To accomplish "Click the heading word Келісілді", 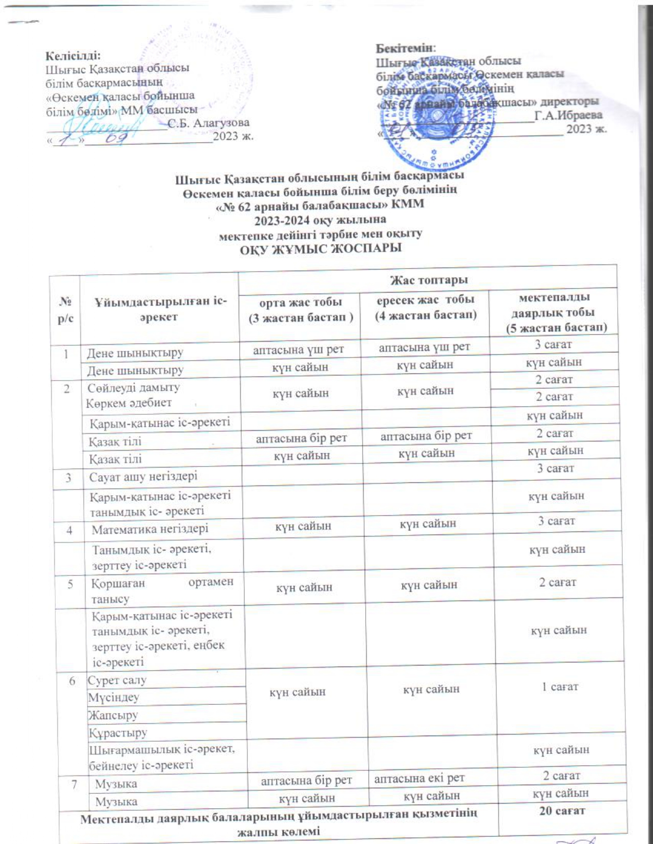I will coord(73,55).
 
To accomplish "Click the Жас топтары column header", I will coord(428,280).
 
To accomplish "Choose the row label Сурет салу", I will coord(117,680).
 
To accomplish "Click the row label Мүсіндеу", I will coord(114,697).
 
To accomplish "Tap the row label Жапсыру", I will coord(113,715).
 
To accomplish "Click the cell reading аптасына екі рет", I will coord(419,778).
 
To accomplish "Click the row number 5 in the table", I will coord(69,583).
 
